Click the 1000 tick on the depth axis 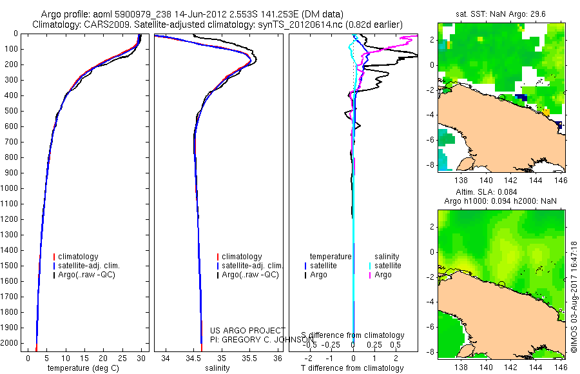click(x=12, y=188)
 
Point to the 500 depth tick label click(x=12, y=111)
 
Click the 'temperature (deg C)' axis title click(x=84, y=368)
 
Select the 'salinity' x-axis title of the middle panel click(x=217, y=368)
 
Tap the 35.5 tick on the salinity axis click(x=249, y=358)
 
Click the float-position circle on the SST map click(x=501, y=97)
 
